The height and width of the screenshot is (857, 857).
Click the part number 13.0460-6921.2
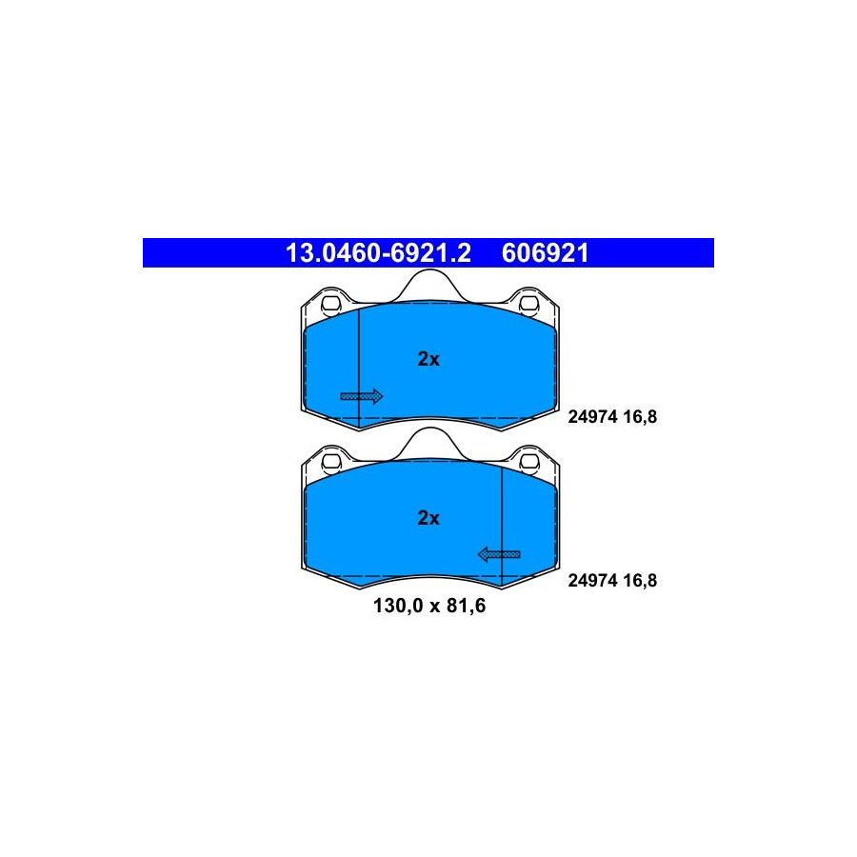point(378,253)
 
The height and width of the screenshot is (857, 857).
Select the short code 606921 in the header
point(545,253)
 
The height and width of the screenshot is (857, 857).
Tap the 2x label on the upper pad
point(428,359)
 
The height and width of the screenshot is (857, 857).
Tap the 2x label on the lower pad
point(428,518)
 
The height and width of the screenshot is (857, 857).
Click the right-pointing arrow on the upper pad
point(361,396)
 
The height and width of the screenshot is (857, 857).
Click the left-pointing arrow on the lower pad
point(499,555)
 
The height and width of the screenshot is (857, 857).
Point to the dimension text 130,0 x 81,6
point(429,606)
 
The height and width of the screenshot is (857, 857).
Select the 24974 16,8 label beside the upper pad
point(612,416)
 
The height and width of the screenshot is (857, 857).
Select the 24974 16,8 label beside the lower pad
point(612,580)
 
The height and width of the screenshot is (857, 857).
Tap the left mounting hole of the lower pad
point(330,462)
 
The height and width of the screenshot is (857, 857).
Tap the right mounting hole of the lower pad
point(529,462)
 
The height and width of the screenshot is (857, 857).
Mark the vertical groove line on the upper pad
point(359,368)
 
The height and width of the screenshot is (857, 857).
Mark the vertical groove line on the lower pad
point(502,527)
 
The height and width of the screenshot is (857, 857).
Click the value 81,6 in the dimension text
point(467,606)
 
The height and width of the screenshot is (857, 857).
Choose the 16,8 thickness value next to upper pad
point(640,416)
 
